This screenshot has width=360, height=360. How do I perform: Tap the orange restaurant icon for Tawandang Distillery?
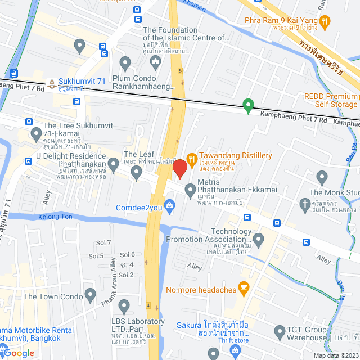(x=191, y=156)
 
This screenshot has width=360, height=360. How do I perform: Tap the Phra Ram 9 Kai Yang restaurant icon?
(x=324, y=22)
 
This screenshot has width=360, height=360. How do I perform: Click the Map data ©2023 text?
(x=335, y=355)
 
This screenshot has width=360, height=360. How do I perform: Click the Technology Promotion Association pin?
(x=258, y=241)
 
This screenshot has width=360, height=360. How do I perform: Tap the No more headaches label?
(x=201, y=290)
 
